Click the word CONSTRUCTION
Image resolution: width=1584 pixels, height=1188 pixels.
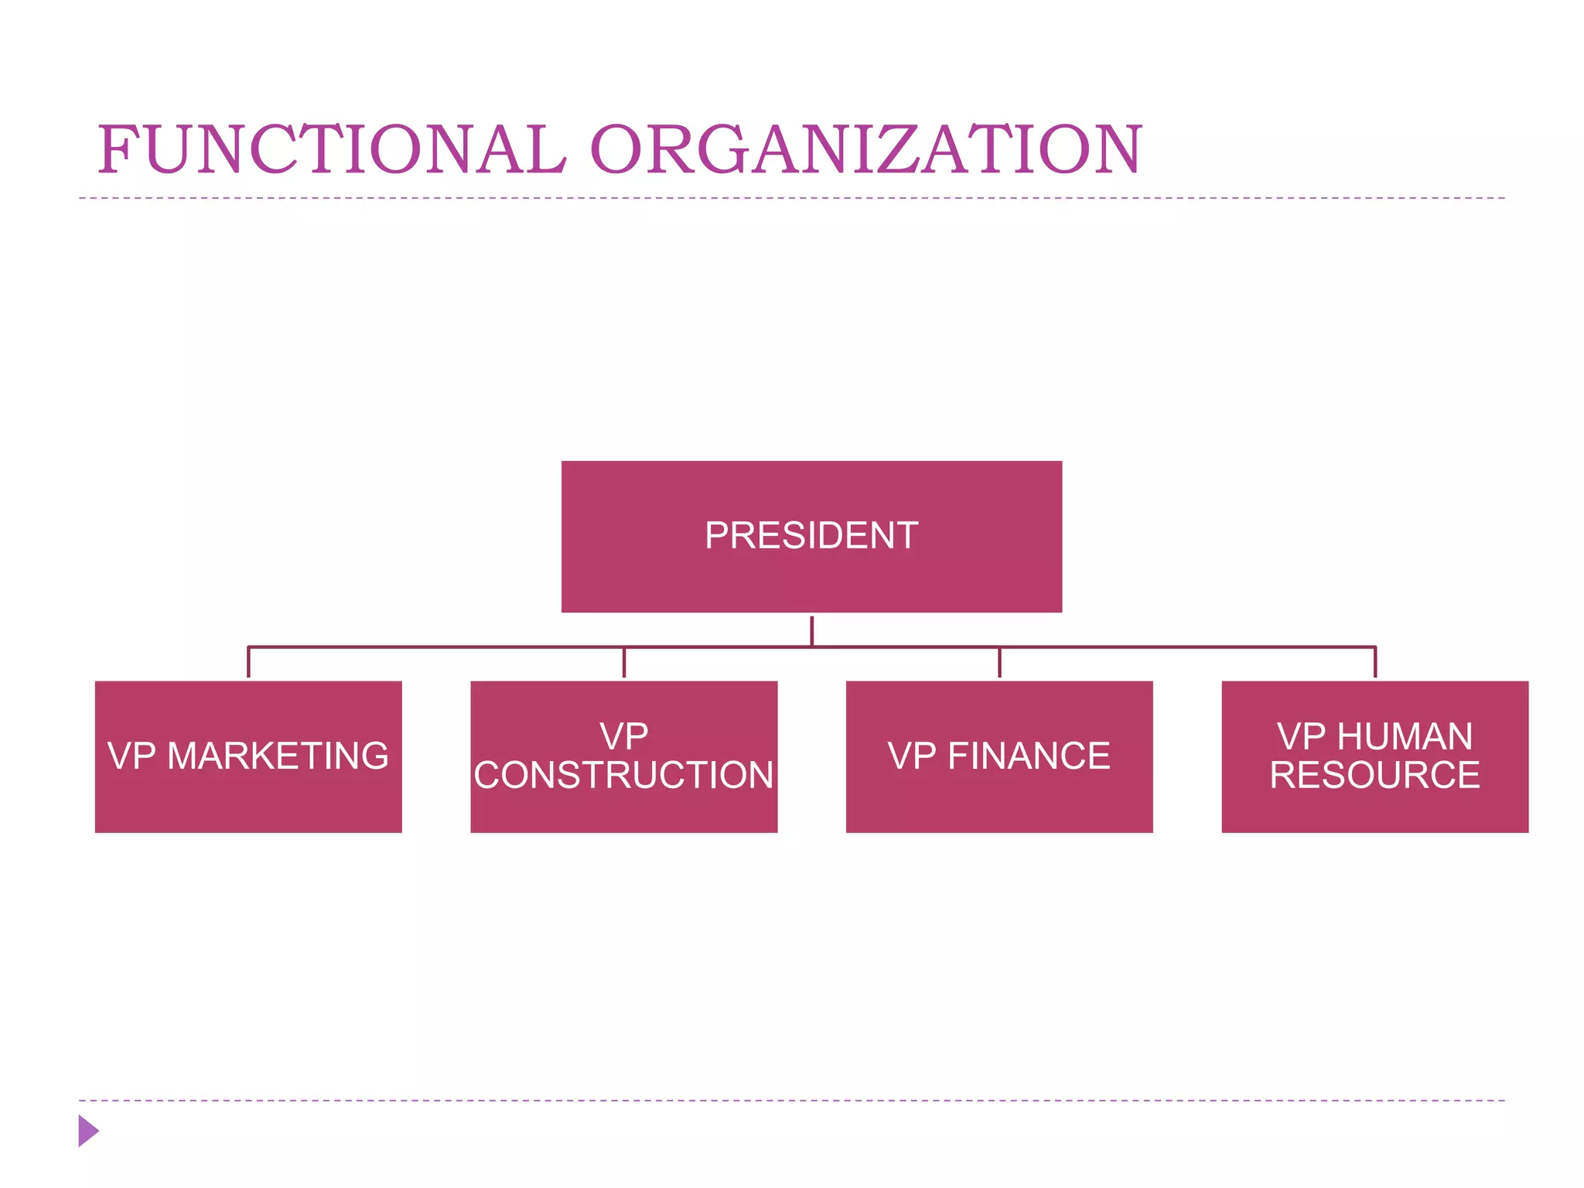click(x=623, y=775)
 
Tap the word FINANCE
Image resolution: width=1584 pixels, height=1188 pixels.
click(x=1029, y=756)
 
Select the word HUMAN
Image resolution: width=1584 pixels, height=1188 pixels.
click(x=1405, y=736)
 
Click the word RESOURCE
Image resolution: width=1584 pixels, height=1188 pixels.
click(x=1374, y=775)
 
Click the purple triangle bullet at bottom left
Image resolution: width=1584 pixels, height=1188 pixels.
click(x=87, y=1131)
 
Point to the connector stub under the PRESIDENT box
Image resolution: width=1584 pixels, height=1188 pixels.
click(x=811, y=631)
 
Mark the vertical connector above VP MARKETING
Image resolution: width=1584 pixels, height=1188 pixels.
click(x=248, y=663)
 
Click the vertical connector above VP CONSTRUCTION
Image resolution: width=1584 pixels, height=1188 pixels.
click(x=623, y=663)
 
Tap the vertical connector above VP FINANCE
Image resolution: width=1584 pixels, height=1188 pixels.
click(x=999, y=663)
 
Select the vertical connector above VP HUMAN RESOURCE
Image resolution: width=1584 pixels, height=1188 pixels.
click(x=1374, y=663)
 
